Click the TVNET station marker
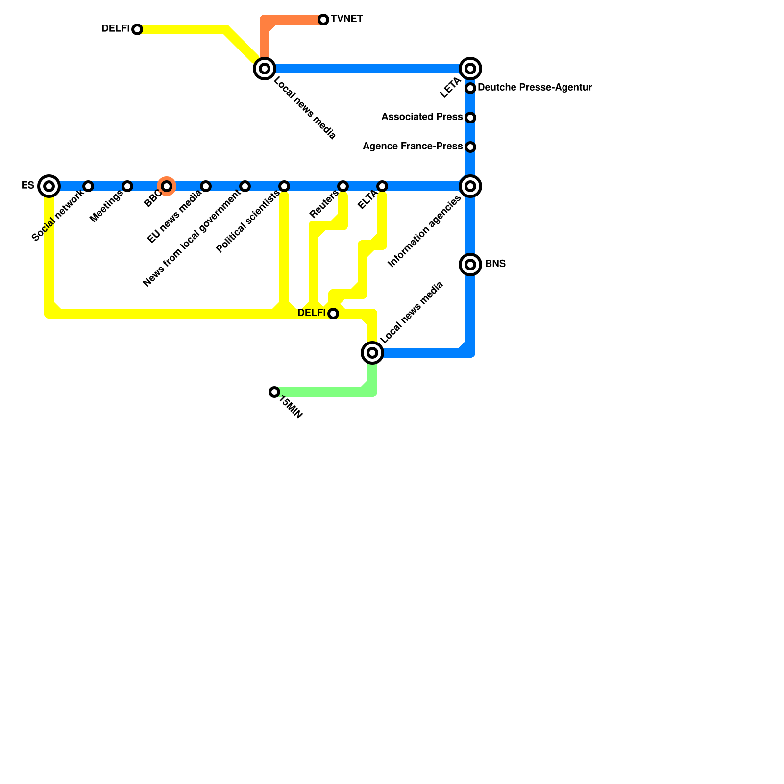click(x=323, y=20)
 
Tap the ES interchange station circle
click(x=49, y=186)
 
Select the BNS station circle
click(x=470, y=265)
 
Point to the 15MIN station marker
click(x=274, y=392)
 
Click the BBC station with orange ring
click(x=167, y=186)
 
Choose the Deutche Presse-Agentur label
click(x=535, y=88)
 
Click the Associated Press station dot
click(x=470, y=118)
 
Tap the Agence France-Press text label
click(x=413, y=147)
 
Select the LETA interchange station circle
click(x=470, y=69)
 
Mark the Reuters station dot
click(x=343, y=186)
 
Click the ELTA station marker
click(x=382, y=186)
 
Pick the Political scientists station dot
click(x=284, y=186)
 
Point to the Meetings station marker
click(x=127, y=186)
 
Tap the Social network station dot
click(x=88, y=186)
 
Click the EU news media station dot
click(x=206, y=186)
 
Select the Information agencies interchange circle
click(x=470, y=186)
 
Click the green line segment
click(x=323, y=392)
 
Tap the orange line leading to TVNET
click(x=294, y=20)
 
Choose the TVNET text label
click(x=347, y=19)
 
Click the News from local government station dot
click(x=245, y=186)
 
